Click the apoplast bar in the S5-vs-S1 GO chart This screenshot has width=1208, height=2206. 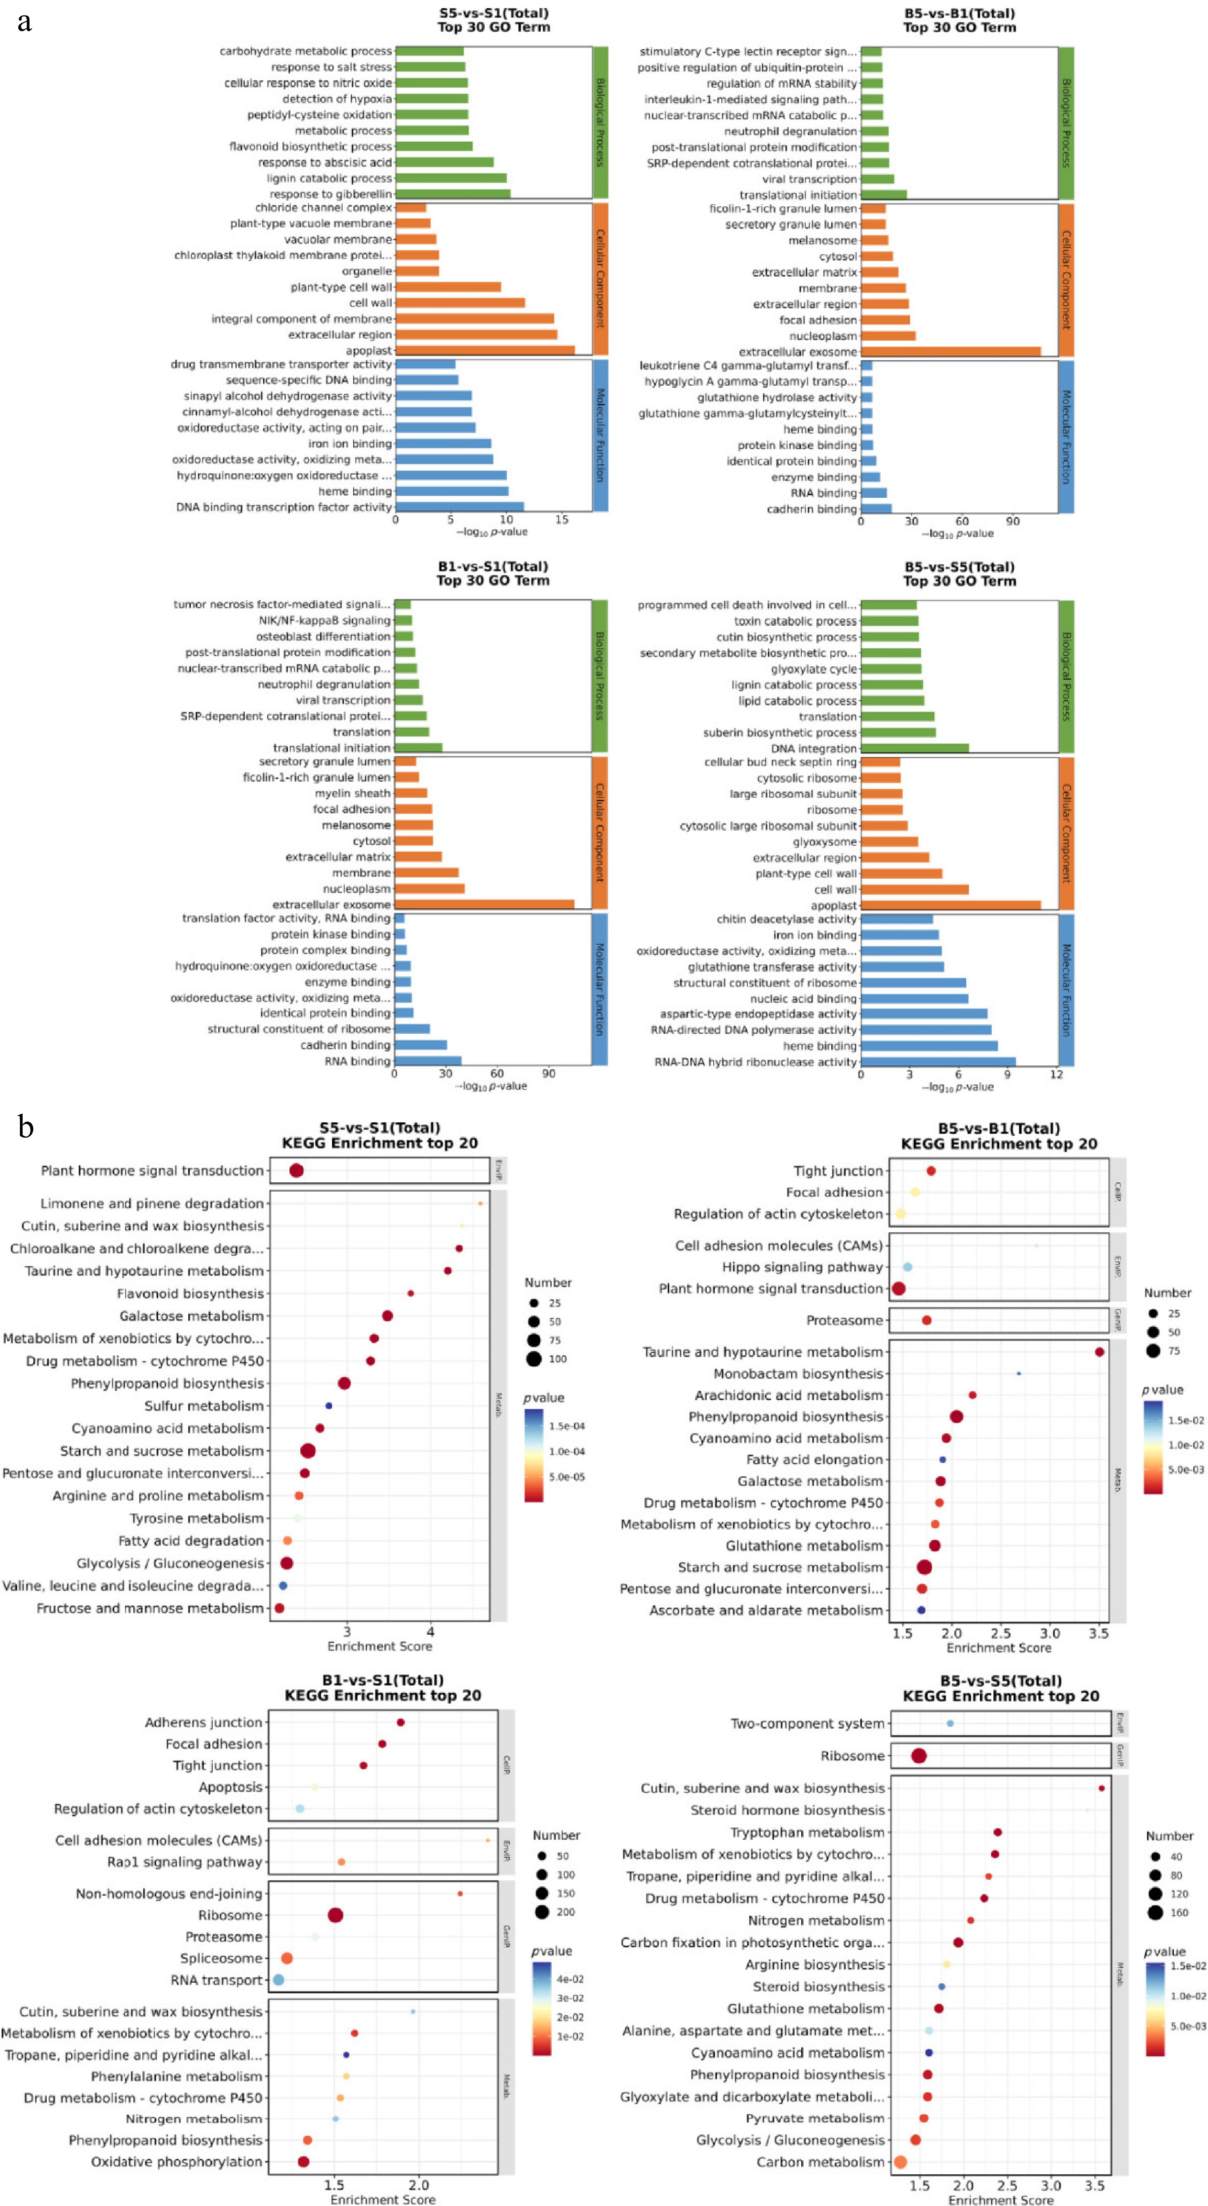tap(485, 350)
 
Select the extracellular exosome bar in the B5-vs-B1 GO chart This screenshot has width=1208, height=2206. tap(950, 352)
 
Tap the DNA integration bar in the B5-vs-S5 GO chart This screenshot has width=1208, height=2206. tap(915, 748)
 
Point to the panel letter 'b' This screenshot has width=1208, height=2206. tap(26, 1127)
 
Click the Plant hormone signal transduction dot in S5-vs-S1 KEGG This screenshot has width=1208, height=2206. tap(296, 1171)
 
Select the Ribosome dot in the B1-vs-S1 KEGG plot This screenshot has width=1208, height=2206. tap(335, 1915)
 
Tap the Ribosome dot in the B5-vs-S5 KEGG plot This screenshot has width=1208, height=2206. tap(919, 1756)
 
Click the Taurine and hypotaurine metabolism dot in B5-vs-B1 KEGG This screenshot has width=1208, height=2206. tap(1099, 1352)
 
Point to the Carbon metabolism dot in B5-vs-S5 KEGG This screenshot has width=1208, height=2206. tap(900, 2161)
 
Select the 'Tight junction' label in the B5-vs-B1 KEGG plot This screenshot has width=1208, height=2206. tap(837, 1171)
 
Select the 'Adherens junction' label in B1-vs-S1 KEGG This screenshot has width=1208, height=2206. tap(203, 1722)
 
